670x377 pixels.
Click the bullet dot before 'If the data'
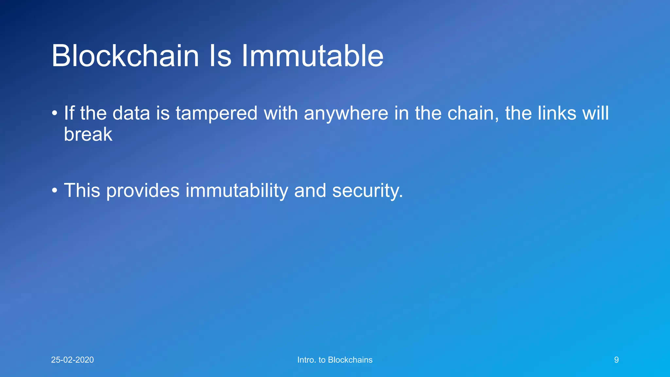[55, 114]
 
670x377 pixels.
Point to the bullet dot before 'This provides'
[55, 190]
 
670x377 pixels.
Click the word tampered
[217, 114]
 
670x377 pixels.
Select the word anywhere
[346, 114]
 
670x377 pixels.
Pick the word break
[88, 134]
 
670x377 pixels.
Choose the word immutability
[237, 190]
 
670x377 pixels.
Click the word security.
[367, 190]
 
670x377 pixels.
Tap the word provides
[143, 190]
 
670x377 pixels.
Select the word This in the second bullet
[82, 190]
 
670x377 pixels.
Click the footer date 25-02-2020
[72, 360]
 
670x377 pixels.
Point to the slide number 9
[616, 360]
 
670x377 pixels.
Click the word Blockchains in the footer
[350, 360]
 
